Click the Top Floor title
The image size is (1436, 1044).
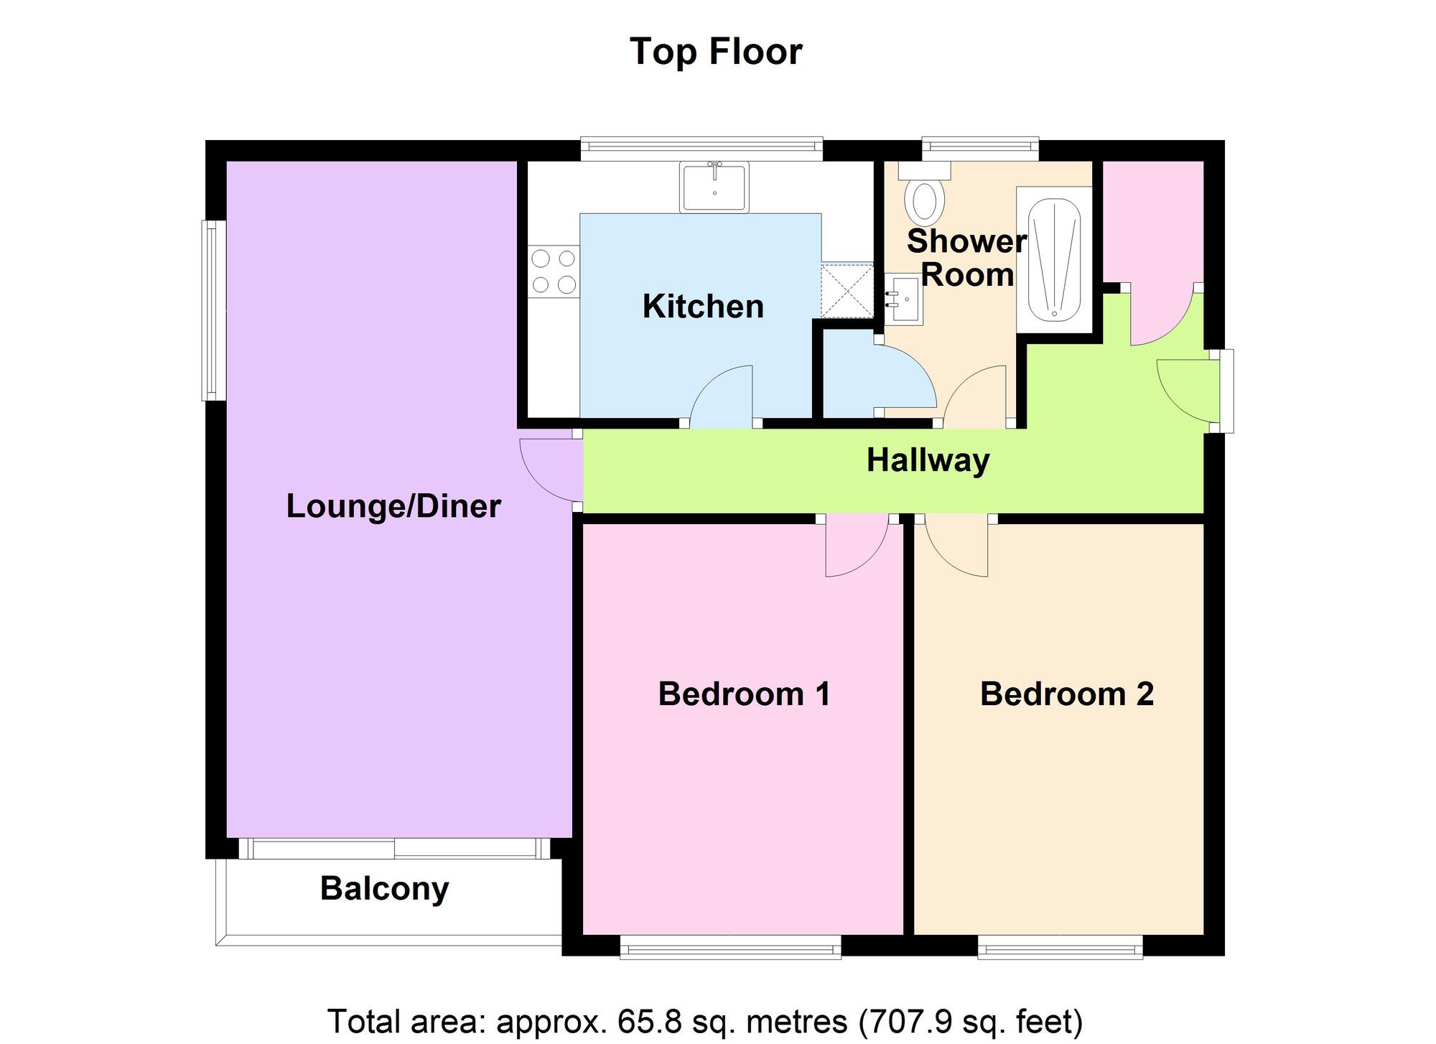click(x=716, y=52)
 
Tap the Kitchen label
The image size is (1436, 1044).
click(x=703, y=307)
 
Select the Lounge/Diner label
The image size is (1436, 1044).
click(x=393, y=506)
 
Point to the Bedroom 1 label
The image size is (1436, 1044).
click(x=744, y=694)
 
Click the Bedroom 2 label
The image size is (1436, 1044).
click(x=1067, y=694)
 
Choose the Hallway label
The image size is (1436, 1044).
click(x=928, y=461)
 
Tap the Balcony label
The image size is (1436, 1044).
click(x=385, y=889)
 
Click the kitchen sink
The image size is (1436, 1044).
click(x=714, y=187)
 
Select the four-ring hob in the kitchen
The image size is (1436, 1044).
click(x=554, y=271)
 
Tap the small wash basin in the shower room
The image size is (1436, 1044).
click(x=904, y=300)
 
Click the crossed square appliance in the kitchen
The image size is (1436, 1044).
click(x=847, y=291)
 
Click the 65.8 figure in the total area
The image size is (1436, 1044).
click(x=643, y=1021)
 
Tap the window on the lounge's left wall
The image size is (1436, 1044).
click(x=213, y=310)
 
